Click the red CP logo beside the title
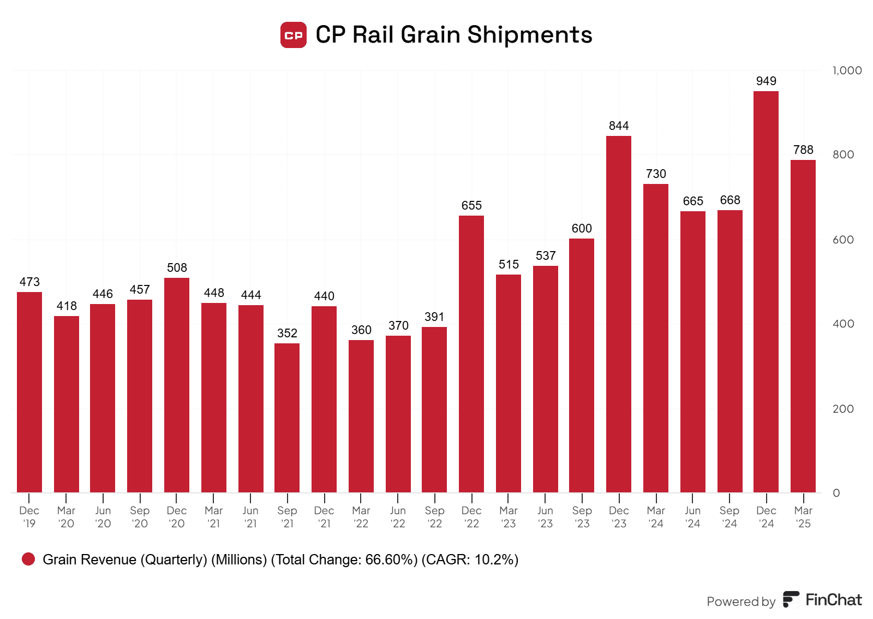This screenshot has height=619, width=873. point(294,35)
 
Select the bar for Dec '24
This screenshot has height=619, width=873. point(766,292)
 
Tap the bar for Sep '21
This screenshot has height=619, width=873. point(287,418)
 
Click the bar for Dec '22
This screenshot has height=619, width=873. point(471,354)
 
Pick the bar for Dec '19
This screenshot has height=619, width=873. point(29,392)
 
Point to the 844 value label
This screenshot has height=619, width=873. point(619,126)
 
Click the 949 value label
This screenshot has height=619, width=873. point(766,81)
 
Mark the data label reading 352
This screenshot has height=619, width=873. point(287,334)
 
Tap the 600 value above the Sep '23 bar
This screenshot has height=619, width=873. point(582,229)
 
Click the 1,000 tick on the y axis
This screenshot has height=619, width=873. point(847,70)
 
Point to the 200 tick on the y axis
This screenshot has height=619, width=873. point(843,409)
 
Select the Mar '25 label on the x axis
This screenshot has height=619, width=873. point(803,517)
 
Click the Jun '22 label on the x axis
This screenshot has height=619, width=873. point(398,517)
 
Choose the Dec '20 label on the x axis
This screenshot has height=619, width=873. point(176,517)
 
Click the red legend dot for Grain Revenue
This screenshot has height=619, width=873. point(28,559)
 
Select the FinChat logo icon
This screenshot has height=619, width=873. point(791,599)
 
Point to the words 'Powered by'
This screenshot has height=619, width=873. point(741,602)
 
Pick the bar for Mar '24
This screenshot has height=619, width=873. point(656,338)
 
